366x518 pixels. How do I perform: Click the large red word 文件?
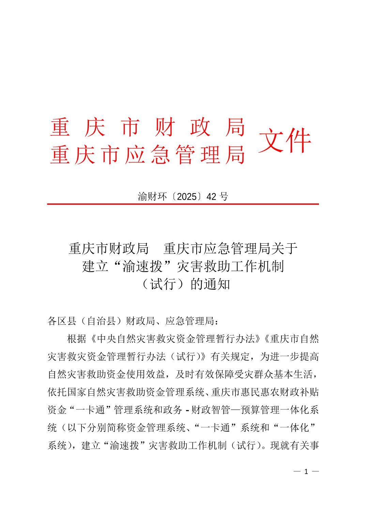pyautogui.click(x=285, y=140)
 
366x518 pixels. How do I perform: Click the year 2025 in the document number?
pyautogui.click(x=187, y=196)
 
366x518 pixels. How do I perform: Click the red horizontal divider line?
pyautogui.click(x=183, y=204)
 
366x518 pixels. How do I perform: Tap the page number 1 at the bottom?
pyautogui.click(x=306, y=472)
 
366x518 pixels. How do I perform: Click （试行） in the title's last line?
pyautogui.click(x=163, y=284)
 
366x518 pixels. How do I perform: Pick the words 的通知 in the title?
pyautogui.click(x=211, y=284)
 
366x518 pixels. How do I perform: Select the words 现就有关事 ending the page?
pyautogui.click(x=294, y=445)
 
